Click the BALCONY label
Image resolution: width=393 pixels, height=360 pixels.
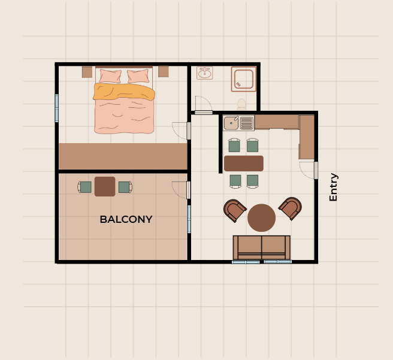[126, 219]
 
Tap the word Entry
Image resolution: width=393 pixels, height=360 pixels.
[333, 187]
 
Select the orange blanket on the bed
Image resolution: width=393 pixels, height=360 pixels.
[124, 92]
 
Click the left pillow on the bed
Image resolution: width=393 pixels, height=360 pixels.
[110, 76]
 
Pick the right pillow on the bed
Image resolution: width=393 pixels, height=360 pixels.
[138, 76]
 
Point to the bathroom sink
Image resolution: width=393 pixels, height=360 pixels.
[204, 73]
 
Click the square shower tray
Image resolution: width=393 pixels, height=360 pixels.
[244, 79]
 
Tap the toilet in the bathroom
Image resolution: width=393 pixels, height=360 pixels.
[241, 104]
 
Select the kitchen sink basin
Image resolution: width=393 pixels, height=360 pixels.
[231, 123]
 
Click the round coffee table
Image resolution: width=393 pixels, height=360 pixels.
[261, 217]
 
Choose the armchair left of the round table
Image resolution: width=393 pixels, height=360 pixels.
[234, 210]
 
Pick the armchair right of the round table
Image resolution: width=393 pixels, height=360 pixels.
[291, 208]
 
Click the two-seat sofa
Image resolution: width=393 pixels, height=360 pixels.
[262, 247]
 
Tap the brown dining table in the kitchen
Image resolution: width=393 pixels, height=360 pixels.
[244, 164]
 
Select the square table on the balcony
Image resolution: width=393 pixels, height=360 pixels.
[105, 187]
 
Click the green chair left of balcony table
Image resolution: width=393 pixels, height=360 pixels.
[84, 187]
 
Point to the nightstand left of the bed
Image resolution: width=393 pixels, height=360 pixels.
[87, 72]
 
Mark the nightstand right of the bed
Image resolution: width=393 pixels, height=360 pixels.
[164, 72]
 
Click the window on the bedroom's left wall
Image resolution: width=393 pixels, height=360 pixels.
[57, 108]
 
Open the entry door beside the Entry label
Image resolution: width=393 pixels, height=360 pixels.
[316, 170]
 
